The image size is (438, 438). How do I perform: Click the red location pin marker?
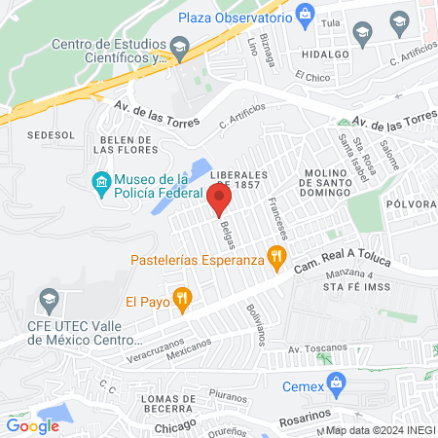[219, 200]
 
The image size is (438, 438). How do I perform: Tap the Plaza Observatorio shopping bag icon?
[307, 14]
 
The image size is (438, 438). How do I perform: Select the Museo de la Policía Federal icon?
[100, 183]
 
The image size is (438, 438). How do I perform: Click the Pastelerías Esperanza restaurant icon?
[277, 259]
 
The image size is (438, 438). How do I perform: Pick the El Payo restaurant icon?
[180, 300]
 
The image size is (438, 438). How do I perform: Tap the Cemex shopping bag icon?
[336, 383]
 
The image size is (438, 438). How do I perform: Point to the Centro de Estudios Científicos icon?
[178, 47]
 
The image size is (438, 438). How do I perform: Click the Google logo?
[32, 425]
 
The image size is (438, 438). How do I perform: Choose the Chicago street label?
[175, 423]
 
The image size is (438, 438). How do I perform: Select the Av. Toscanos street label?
[317, 347]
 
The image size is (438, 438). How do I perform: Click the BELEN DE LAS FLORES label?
[124, 145]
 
